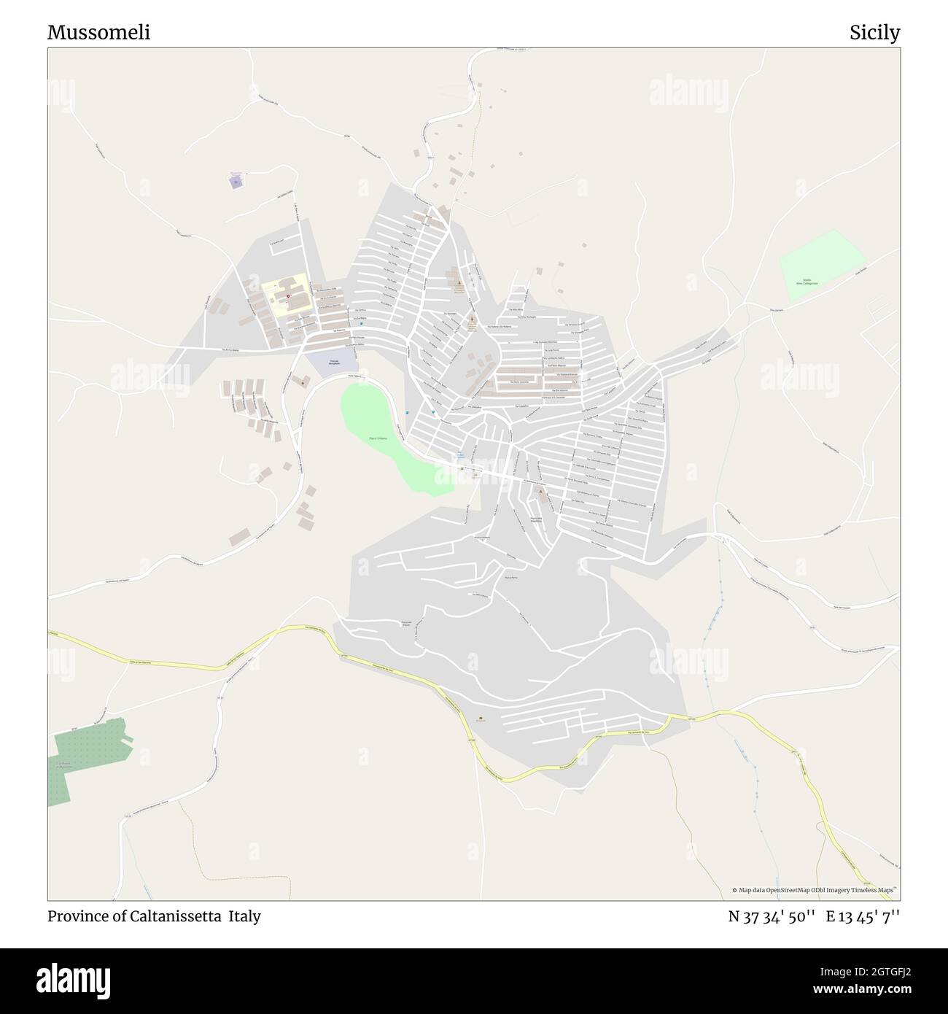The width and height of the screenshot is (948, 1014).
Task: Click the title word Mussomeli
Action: pyautogui.click(x=98, y=33)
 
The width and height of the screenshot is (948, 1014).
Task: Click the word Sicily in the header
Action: pyautogui.click(x=874, y=33)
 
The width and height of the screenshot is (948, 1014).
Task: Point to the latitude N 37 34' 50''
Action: pyautogui.click(x=772, y=916)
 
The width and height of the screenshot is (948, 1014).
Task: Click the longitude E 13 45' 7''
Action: pyautogui.click(x=863, y=916)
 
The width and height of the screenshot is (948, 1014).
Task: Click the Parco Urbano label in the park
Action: pyautogui.click(x=378, y=438)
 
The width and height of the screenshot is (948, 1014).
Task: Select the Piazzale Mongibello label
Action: pyautogui.click(x=332, y=363)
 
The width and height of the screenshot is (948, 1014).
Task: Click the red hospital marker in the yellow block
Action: pyautogui.click(x=288, y=296)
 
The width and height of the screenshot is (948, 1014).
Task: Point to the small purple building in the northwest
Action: pyautogui.click(x=235, y=181)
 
